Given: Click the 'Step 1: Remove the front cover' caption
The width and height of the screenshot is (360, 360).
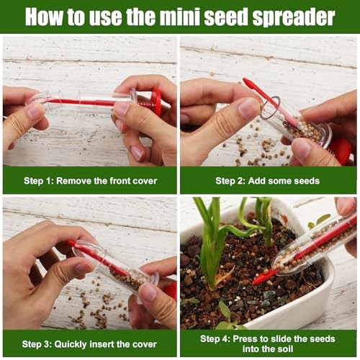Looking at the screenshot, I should point(90,180).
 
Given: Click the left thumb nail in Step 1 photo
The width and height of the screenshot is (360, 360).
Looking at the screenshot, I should point(34,112).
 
